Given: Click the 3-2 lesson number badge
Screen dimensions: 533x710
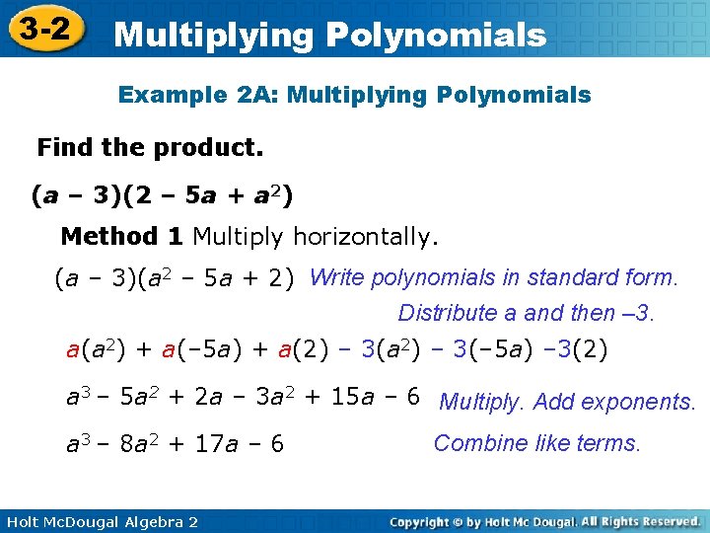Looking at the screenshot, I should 44,30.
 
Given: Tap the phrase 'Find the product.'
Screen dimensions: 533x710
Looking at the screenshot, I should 150,148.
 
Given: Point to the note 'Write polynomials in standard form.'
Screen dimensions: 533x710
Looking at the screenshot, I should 493,278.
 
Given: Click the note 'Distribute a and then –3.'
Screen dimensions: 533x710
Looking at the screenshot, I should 527,314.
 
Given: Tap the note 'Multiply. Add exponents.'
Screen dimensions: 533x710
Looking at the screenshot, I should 568,402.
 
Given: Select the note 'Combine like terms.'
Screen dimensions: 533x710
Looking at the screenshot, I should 537,443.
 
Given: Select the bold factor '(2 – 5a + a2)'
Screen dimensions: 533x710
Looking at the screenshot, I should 216,195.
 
